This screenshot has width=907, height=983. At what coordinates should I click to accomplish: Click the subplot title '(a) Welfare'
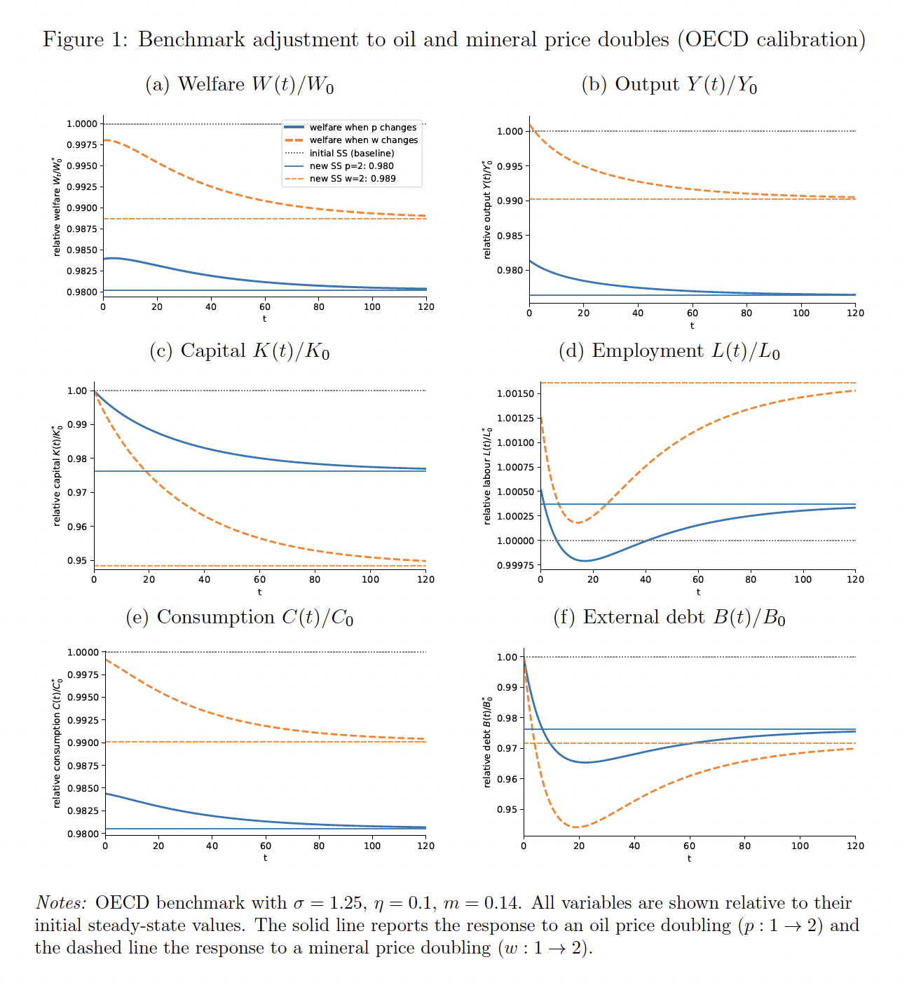[x=239, y=85]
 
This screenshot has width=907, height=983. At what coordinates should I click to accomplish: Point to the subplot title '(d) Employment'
[x=669, y=351]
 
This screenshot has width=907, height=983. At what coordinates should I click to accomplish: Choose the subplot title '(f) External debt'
[x=669, y=618]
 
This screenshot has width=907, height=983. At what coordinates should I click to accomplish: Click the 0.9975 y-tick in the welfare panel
[x=81, y=145]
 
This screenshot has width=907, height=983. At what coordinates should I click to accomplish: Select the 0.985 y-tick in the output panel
[x=510, y=236]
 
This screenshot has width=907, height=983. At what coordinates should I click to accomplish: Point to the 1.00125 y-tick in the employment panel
[x=515, y=419]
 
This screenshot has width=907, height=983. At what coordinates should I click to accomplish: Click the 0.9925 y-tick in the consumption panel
[x=83, y=720]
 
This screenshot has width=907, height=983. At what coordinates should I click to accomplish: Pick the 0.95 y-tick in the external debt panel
[x=506, y=809]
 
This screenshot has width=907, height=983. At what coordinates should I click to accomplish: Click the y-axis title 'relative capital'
[x=57, y=476]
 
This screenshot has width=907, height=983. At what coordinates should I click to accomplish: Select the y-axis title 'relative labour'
[x=488, y=476]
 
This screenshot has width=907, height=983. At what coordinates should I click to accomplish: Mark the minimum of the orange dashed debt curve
[x=576, y=827]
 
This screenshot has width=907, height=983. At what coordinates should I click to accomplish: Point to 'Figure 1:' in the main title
[x=85, y=40]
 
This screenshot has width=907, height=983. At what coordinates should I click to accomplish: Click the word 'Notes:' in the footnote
[x=61, y=903]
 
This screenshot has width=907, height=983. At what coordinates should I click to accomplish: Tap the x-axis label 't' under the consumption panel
[x=265, y=857]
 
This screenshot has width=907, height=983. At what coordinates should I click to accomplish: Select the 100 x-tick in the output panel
[x=800, y=313]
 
